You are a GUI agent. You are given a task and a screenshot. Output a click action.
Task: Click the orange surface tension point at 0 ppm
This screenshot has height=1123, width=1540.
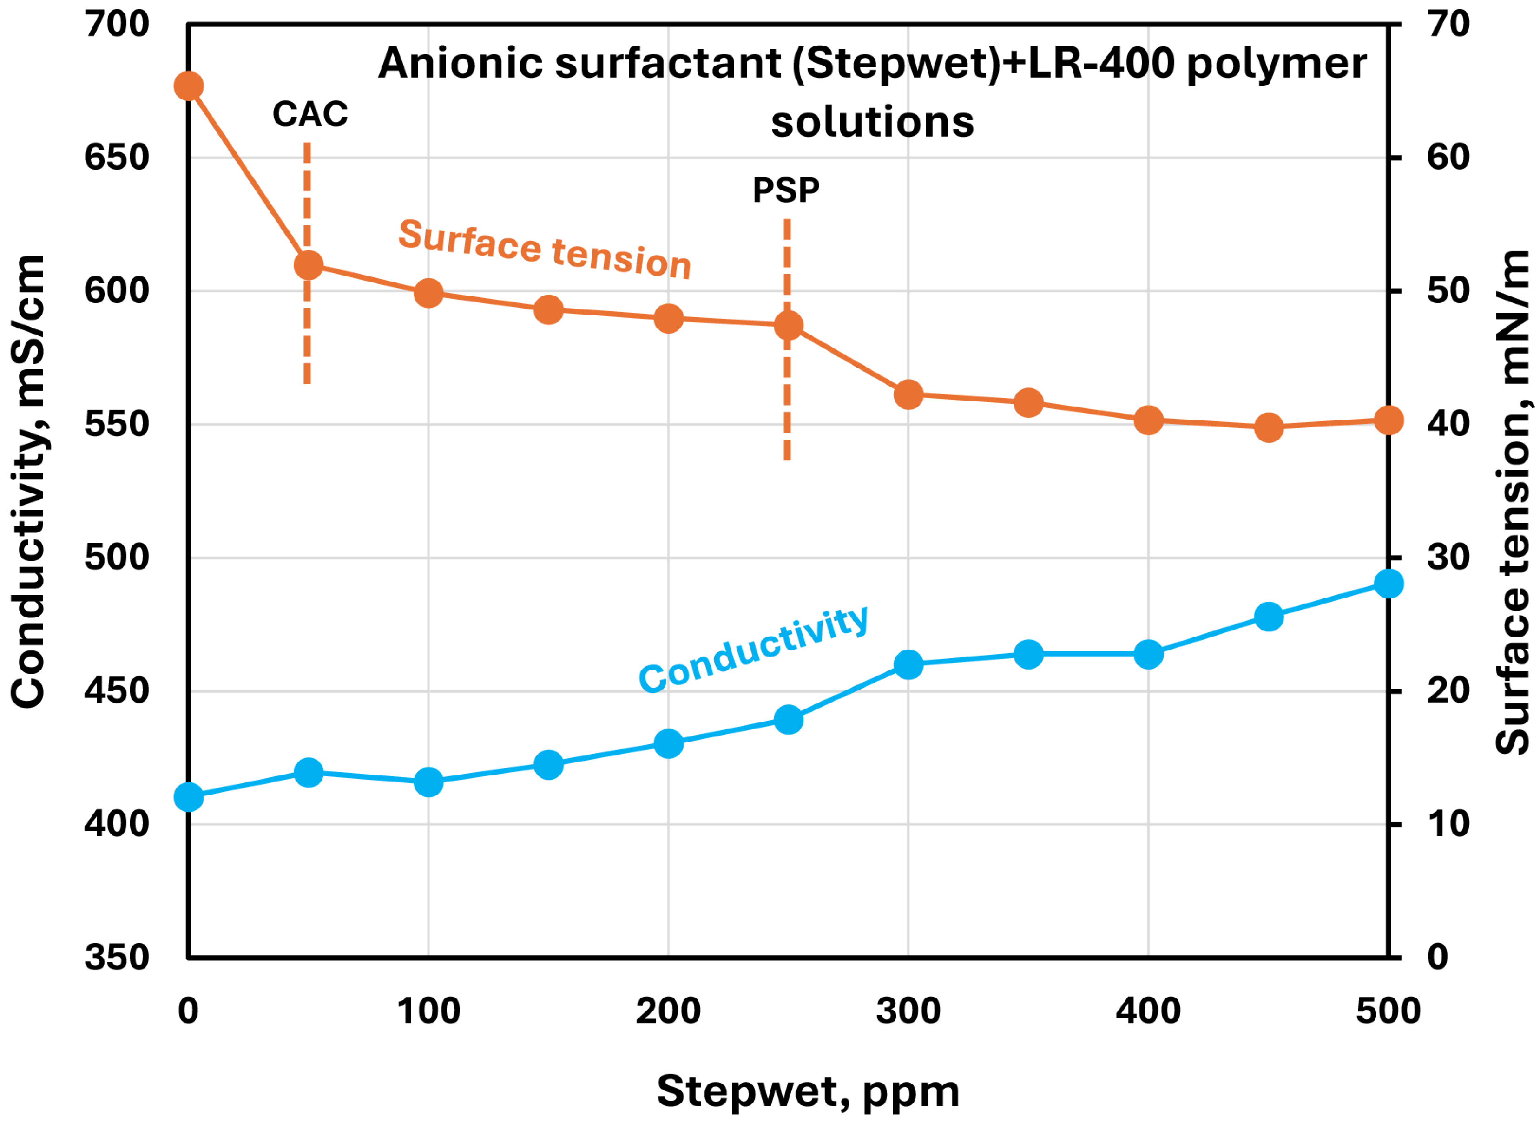188,86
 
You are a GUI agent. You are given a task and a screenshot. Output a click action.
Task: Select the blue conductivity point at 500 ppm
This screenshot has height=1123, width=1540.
1389,583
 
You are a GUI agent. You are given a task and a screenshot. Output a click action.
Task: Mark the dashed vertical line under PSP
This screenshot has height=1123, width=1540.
787,408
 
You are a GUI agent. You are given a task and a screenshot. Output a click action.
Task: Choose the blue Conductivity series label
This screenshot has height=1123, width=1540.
753,649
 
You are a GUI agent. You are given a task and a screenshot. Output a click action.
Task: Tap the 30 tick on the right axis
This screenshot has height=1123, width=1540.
1448,558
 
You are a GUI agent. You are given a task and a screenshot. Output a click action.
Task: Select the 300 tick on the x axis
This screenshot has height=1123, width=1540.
908,1011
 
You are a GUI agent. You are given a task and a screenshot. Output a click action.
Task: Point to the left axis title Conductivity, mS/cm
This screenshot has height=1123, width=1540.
28,481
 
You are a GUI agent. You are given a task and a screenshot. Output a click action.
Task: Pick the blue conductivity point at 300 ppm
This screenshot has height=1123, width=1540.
908,664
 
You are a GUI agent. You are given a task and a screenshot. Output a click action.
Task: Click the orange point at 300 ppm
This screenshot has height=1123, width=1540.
908,394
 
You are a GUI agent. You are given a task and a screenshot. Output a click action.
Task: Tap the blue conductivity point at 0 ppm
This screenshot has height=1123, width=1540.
188,797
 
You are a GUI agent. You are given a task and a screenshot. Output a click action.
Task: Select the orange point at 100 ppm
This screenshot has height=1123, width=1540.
428,294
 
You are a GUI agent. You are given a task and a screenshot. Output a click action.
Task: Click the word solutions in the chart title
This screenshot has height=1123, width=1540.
872,122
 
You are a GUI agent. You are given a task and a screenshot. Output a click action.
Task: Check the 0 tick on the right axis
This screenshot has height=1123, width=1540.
1437,957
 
